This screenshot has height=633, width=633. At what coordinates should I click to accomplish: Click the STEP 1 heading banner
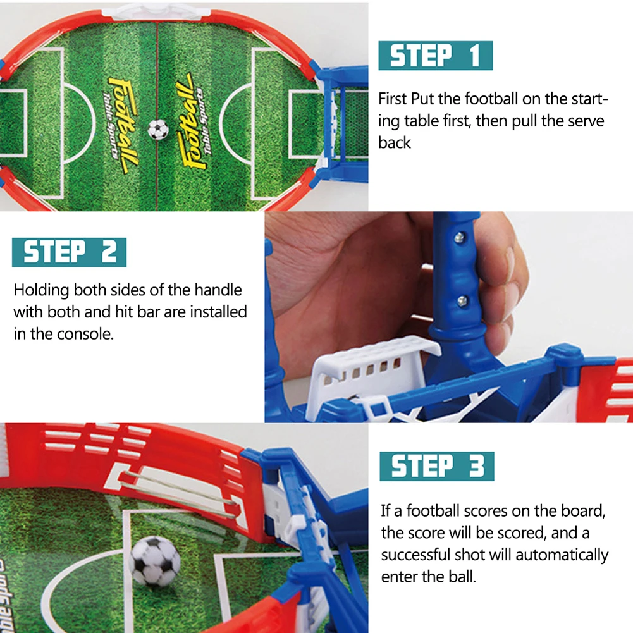tap(435, 56)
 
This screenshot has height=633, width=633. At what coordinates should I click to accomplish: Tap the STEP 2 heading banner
tap(69, 252)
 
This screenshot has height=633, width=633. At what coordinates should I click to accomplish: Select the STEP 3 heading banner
tap(436, 466)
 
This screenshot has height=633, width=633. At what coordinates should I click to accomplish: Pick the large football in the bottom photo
tap(155, 560)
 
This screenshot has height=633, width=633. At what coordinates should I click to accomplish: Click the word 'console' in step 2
tap(84, 333)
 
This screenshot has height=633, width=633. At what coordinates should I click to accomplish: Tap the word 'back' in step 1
tap(395, 143)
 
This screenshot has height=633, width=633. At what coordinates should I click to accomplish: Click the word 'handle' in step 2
tap(218, 290)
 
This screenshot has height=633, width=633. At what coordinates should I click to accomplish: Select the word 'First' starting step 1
tap(392, 99)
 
